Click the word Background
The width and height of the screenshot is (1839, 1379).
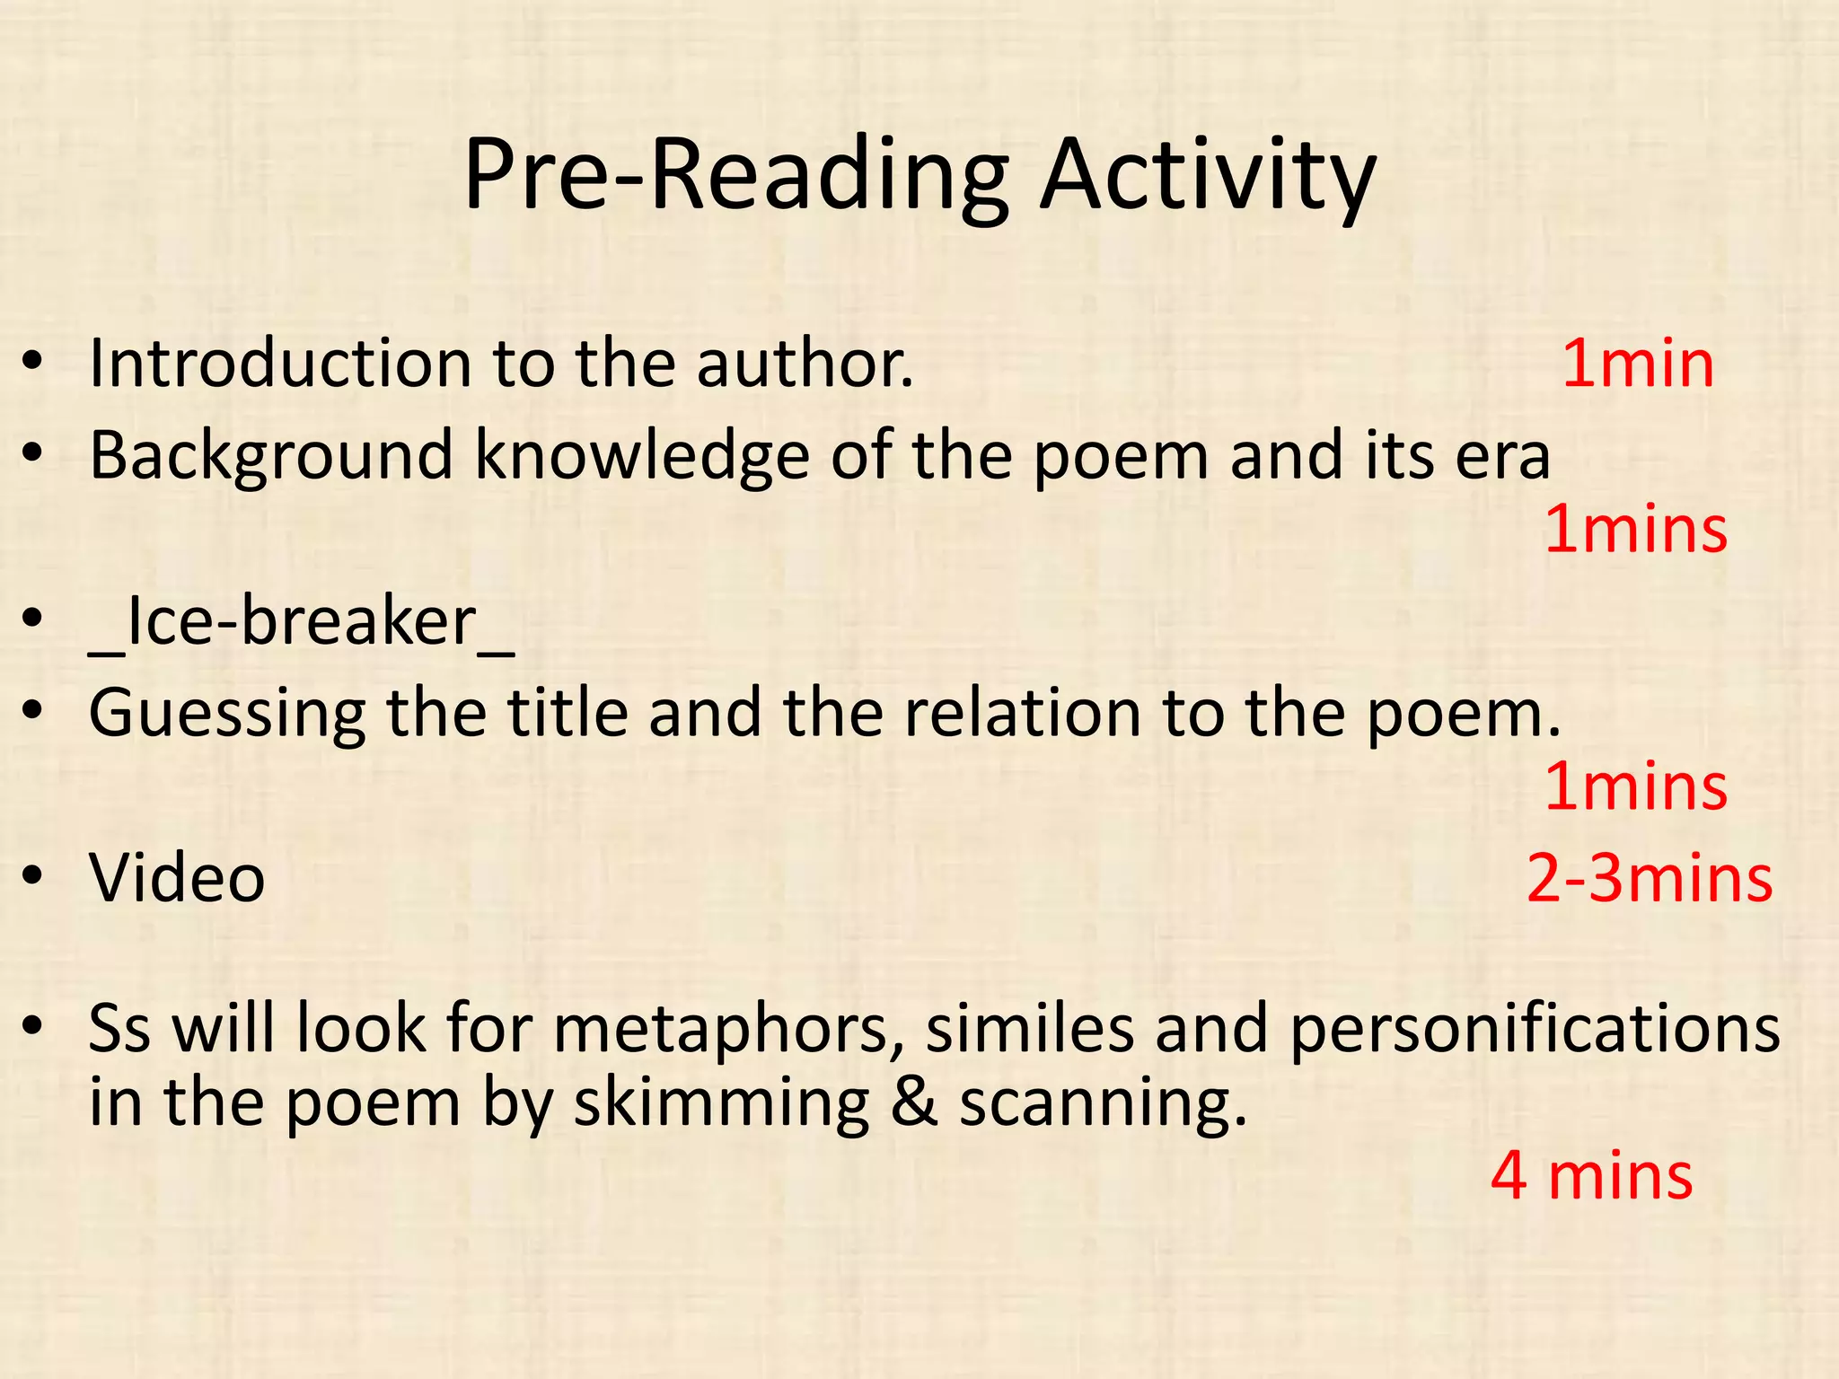point(271,456)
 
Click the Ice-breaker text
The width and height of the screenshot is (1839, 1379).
point(302,621)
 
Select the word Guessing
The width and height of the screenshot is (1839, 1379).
point(226,714)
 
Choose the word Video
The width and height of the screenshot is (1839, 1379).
point(177,878)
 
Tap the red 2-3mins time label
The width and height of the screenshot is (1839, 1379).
point(1650,878)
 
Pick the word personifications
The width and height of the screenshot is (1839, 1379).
point(1535,1029)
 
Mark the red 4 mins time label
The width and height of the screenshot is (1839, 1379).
point(1591,1176)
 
